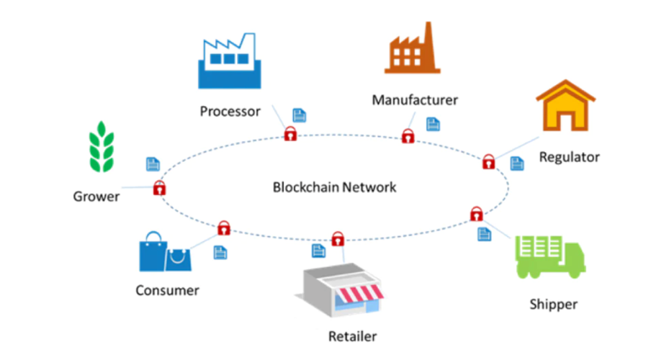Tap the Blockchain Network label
[335, 187]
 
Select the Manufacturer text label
[415, 99]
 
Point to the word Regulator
[569, 156]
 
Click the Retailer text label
[352, 336]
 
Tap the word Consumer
[167, 290]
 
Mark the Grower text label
[96, 196]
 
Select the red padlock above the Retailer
[337, 238]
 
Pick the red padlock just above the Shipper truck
[476, 213]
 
